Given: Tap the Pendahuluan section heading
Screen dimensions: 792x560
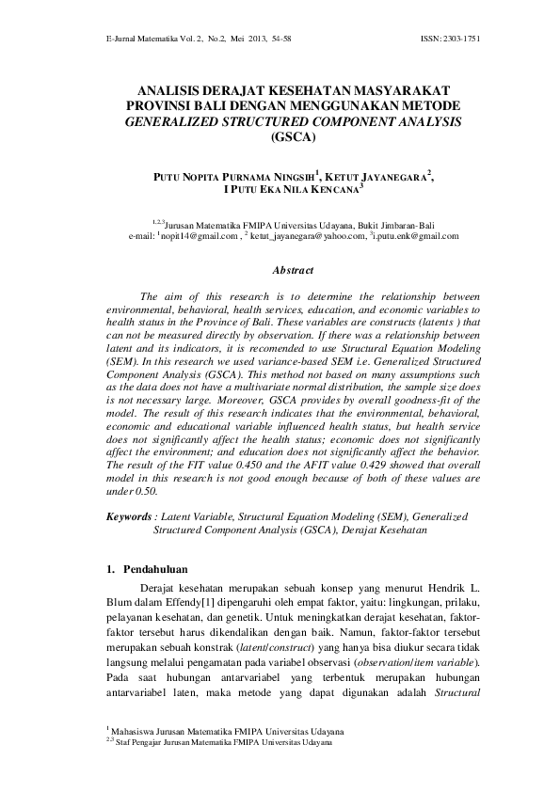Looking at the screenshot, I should (155, 568).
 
